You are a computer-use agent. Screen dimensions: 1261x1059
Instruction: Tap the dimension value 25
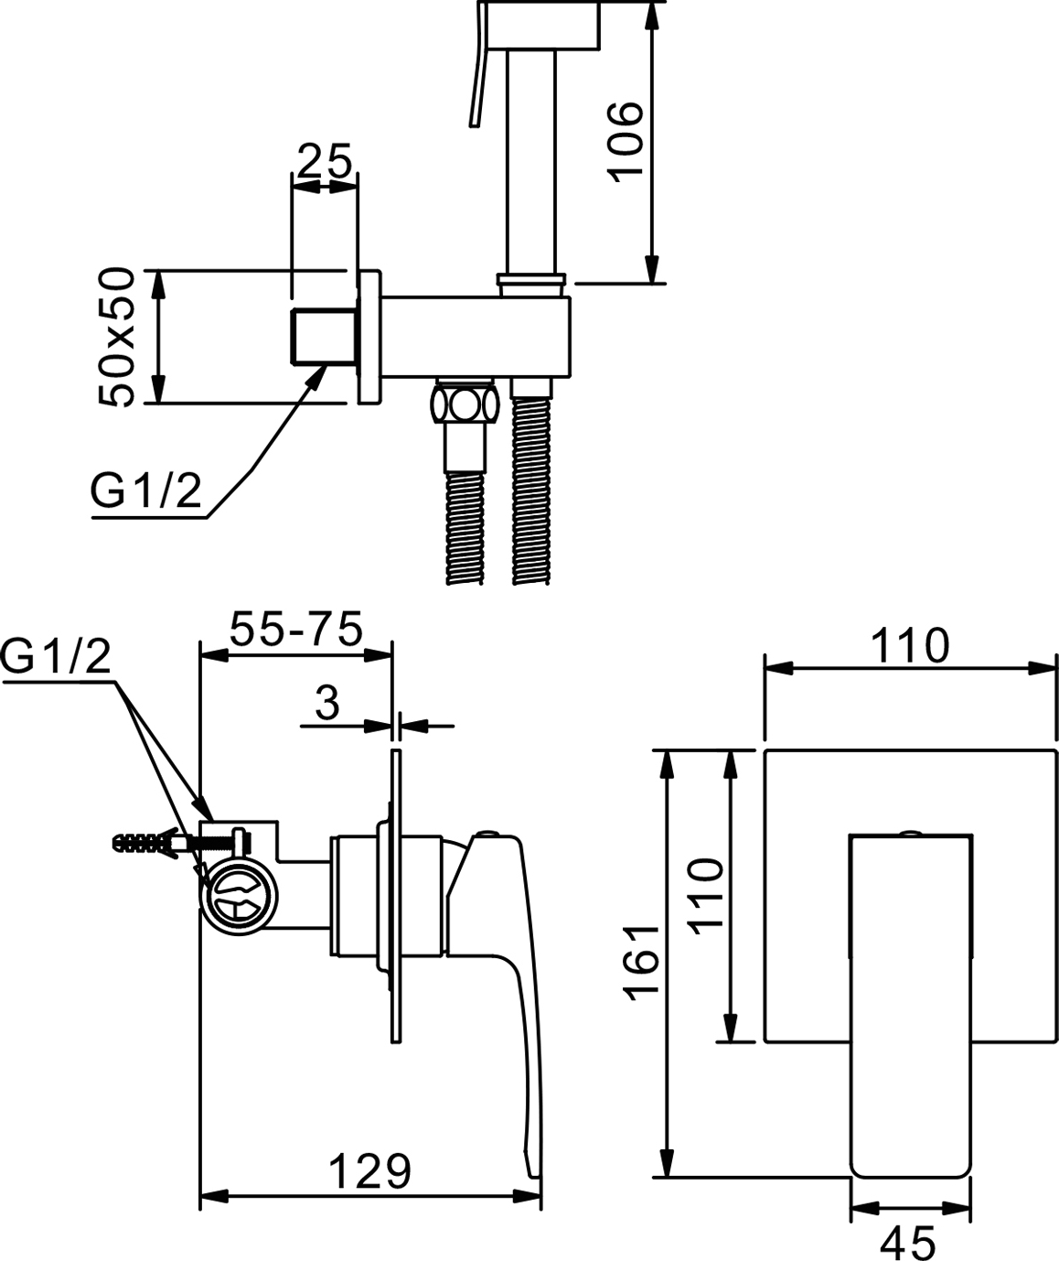point(325,162)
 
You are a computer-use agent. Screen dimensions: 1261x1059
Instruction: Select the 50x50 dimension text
point(119,337)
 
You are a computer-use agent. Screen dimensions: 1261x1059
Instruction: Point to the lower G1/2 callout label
point(57,657)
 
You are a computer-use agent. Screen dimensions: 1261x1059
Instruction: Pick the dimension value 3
point(326,703)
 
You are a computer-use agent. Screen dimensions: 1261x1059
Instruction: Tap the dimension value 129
point(370,1170)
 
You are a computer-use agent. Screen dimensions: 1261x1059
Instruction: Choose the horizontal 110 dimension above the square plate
point(909,646)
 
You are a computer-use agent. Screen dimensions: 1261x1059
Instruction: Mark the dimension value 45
point(909,1242)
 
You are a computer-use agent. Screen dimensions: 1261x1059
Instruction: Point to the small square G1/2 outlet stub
point(323,336)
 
